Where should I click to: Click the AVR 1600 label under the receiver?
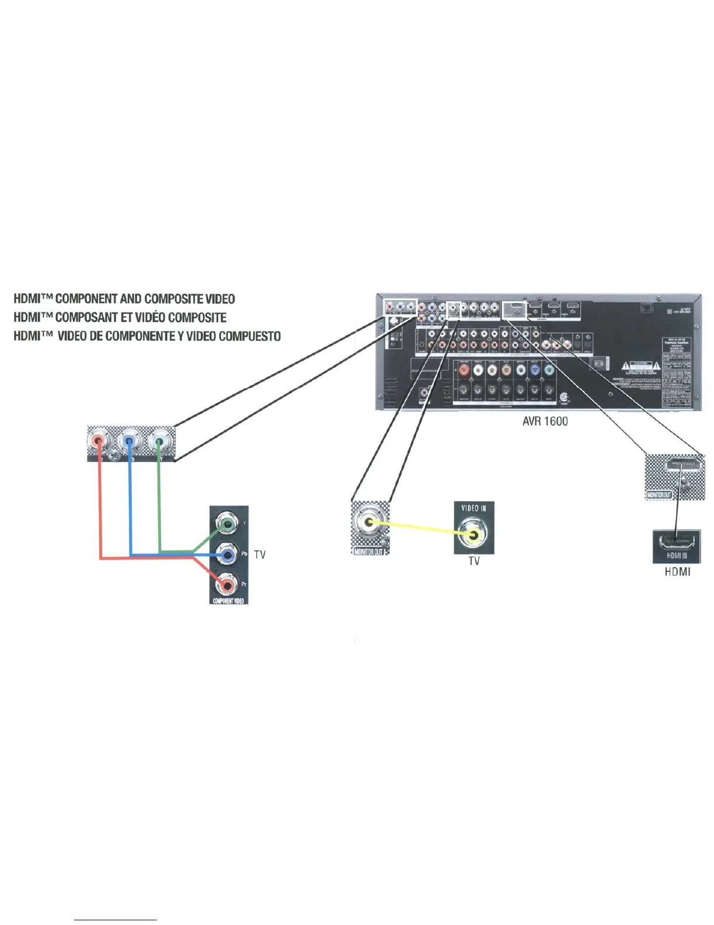[545, 421]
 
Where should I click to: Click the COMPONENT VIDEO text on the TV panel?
[229, 600]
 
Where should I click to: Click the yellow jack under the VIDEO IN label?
[473, 533]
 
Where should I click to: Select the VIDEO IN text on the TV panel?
[474, 508]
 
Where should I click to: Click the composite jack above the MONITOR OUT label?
[369, 523]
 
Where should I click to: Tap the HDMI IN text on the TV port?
[677, 556]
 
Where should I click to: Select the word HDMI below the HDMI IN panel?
[677, 572]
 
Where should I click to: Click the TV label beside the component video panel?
[260, 554]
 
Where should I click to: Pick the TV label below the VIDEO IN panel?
[474, 561]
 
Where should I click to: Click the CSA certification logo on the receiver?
[564, 397]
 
